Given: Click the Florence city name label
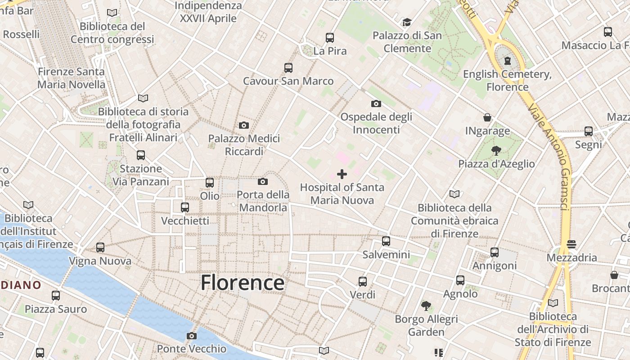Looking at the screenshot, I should click(242, 283).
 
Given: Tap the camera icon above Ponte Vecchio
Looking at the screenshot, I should click(192, 336).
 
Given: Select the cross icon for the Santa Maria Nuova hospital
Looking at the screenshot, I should click(342, 174).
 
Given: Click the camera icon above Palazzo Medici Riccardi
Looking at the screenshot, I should click(244, 125).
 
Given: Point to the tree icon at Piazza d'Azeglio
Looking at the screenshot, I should click(496, 150).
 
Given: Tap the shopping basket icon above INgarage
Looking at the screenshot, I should click(487, 118).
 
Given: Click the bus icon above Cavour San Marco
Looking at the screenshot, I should click(288, 68).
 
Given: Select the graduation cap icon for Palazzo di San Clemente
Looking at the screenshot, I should click(407, 22).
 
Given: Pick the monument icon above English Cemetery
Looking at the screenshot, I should click(508, 60).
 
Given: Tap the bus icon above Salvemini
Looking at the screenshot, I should click(386, 241).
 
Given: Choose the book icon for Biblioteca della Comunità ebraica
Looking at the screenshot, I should click(454, 194).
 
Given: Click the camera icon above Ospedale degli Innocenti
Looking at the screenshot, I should click(376, 103).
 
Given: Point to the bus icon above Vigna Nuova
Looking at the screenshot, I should click(100, 247).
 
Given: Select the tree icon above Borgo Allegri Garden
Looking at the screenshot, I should click(426, 306).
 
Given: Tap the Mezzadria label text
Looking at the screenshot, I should click(571, 258).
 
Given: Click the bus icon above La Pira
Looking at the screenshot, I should click(330, 38).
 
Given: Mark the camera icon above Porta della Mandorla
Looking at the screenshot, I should click(263, 181).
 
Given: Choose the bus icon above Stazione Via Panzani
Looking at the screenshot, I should click(141, 155).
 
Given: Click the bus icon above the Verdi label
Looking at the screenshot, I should click(363, 282).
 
